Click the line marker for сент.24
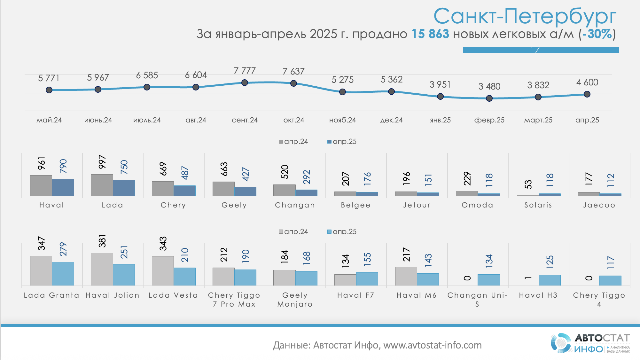point(245,82)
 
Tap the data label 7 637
point(293,71)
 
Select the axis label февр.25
point(489,120)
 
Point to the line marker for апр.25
point(587,94)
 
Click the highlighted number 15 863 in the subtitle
point(430,34)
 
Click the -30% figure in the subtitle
point(597,34)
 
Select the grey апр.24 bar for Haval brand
point(41,185)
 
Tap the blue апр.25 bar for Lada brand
point(124,187)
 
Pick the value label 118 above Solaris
point(550,180)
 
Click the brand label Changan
point(295,205)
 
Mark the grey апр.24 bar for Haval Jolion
point(102,269)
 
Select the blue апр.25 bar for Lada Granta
point(63,273)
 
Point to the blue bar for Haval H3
point(550,280)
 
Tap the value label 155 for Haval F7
point(367,259)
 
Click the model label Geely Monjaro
point(295,300)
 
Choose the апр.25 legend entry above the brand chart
point(342,141)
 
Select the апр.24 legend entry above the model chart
point(293,231)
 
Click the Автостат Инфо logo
point(590,343)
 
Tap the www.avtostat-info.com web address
point(432,345)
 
